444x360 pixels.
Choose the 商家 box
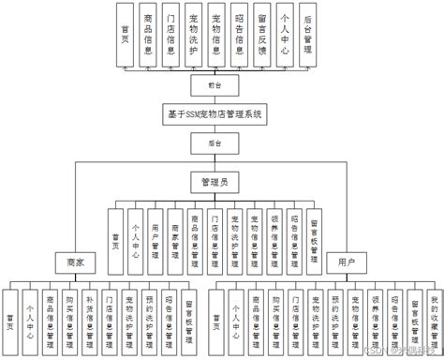[76, 262]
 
